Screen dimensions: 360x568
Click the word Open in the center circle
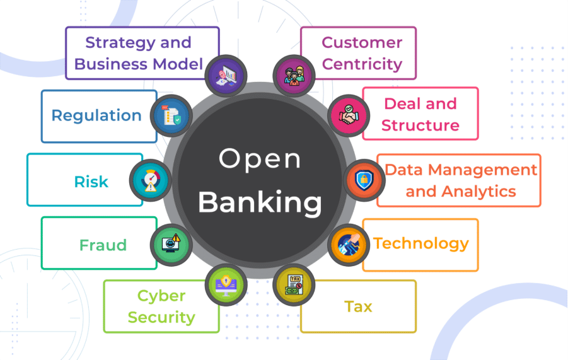(x=260, y=159)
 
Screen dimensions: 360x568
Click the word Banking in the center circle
(x=260, y=202)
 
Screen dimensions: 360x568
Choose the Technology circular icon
(x=349, y=244)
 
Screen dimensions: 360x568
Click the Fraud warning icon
(x=171, y=243)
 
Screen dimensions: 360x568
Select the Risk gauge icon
(x=150, y=181)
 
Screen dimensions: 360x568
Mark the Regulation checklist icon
(x=171, y=116)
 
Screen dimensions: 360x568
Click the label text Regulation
(x=96, y=115)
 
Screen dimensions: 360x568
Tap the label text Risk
(x=91, y=182)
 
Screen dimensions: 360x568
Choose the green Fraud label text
(x=103, y=244)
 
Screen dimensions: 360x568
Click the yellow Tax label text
(x=358, y=307)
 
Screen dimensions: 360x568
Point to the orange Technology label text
(x=421, y=243)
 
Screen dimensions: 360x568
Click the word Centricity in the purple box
(x=362, y=64)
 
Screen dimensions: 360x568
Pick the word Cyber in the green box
(x=161, y=296)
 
